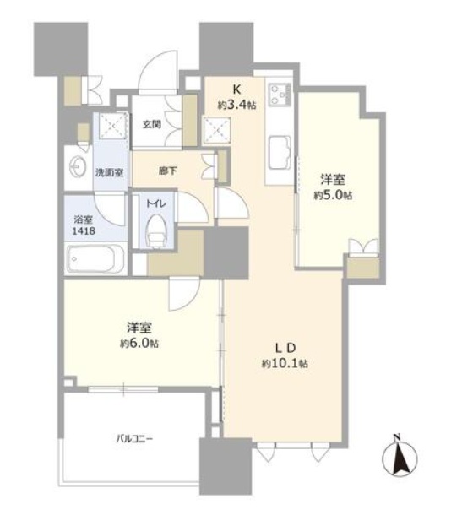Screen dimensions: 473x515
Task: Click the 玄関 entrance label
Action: coord(152,124)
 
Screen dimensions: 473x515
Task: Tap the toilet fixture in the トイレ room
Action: coord(155,231)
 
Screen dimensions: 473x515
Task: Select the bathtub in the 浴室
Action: coord(95,259)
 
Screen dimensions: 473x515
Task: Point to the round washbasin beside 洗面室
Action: coord(78,167)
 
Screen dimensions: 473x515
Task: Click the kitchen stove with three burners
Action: coord(280,95)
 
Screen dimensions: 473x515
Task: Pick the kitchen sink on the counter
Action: coord(280,153)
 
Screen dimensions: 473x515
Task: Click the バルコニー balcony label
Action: coord(134,439)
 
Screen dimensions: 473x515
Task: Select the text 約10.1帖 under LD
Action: coord(285,364)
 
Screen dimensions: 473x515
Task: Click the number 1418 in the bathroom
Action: coord(84,230)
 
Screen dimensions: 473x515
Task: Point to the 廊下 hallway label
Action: coord(167,171)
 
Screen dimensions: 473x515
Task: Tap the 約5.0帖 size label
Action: coord(333,196)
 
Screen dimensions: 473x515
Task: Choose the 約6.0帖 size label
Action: coord(139,344)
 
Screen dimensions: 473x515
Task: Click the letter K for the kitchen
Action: coord(236,89)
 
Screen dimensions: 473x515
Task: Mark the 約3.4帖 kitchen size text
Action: coord(236,105)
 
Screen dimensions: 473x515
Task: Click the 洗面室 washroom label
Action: coord(109,172)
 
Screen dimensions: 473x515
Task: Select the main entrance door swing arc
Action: coord(157,72)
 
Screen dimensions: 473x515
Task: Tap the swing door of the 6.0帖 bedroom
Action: coord(184,294)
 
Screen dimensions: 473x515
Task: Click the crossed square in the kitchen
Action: coord(217,130)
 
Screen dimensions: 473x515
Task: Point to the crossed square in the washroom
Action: coord(113,126)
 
